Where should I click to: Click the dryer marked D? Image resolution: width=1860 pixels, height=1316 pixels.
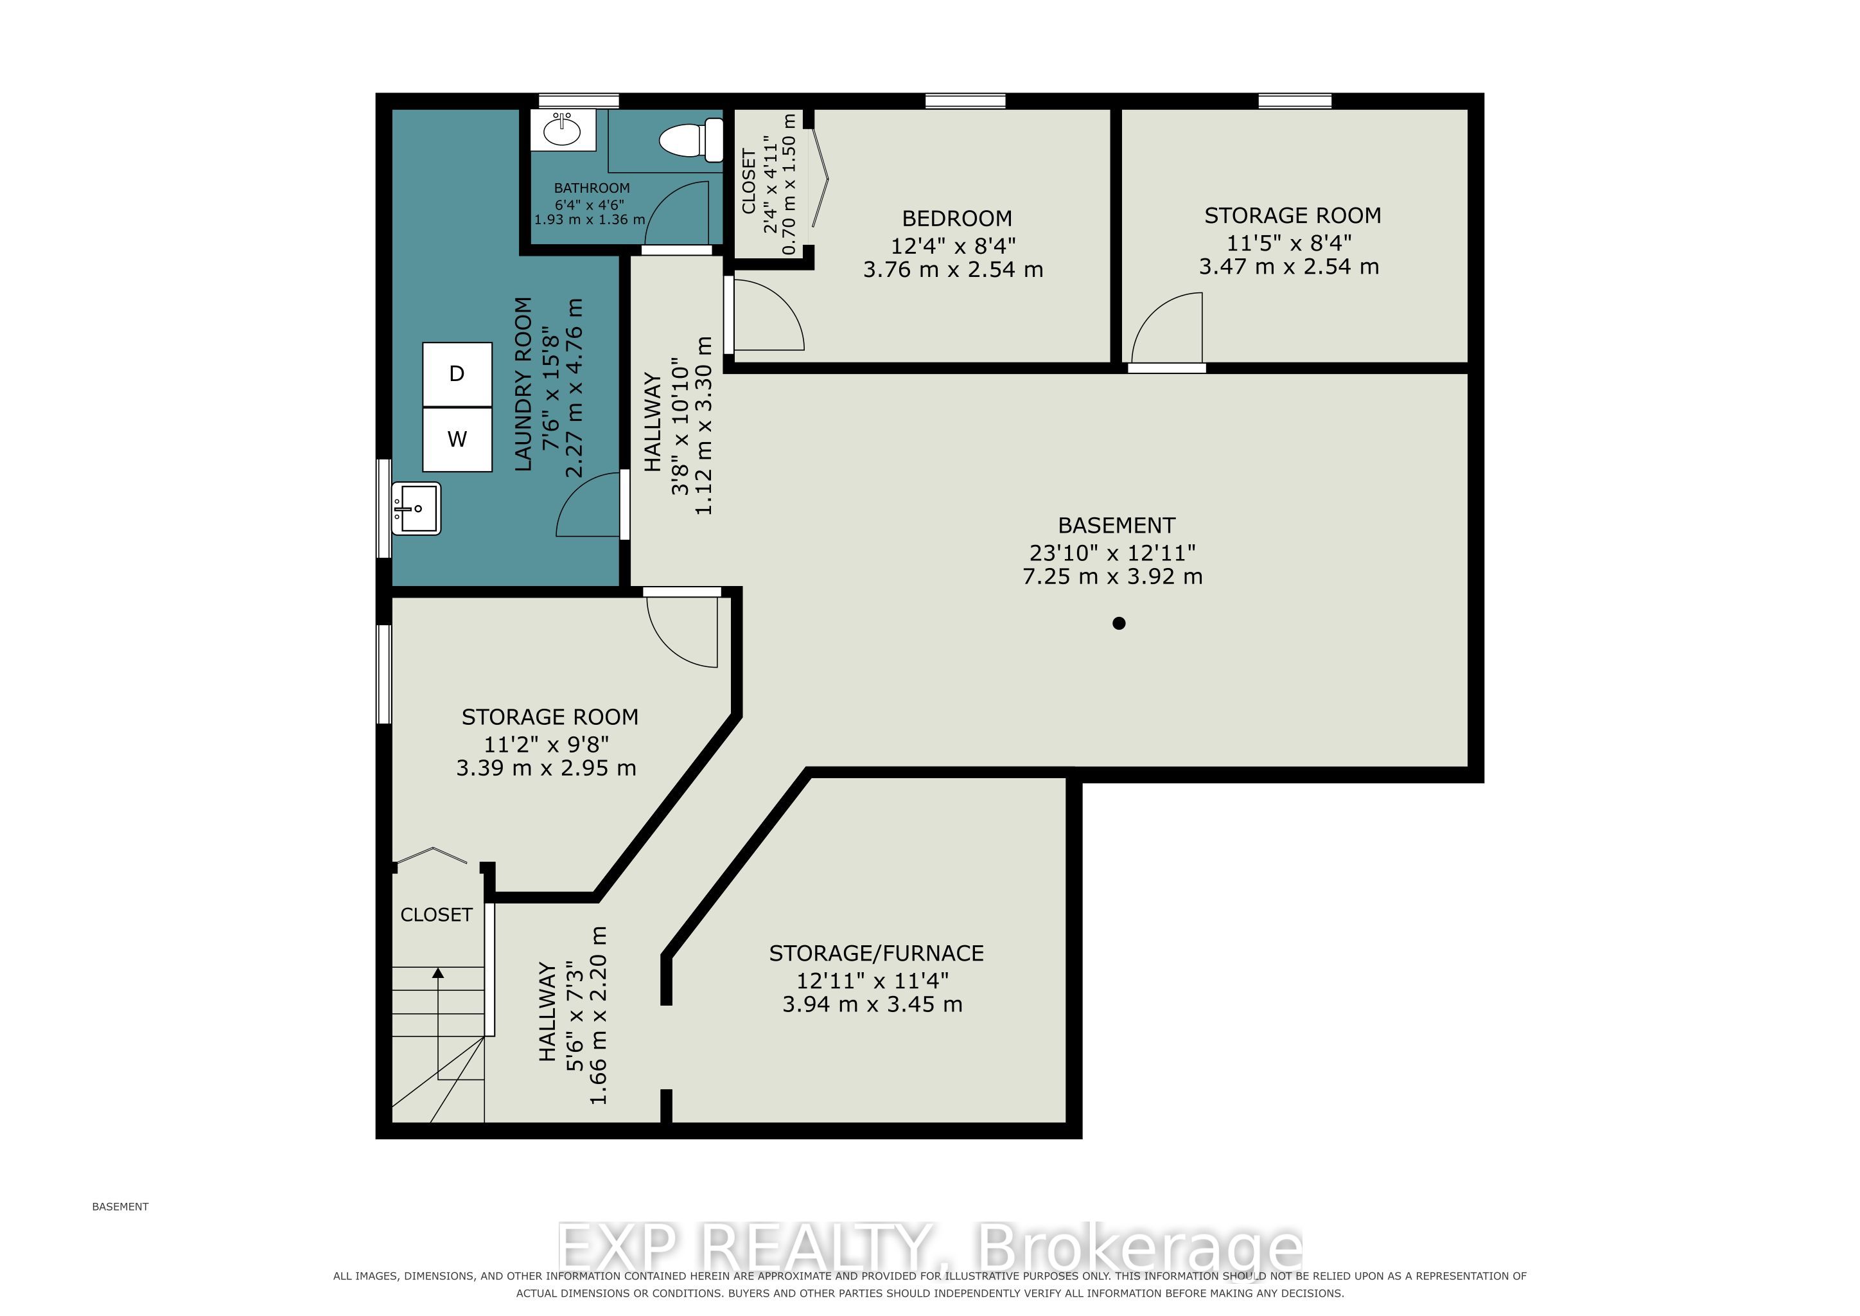tap(457, 375)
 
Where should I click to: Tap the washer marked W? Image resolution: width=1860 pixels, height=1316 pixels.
tap(457, 440)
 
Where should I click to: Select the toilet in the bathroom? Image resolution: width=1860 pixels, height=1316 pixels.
tap(691, 140)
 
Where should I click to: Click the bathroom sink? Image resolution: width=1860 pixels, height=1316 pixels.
tap(563, 129)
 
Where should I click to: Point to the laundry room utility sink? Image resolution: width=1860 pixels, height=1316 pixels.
tap(416, 509)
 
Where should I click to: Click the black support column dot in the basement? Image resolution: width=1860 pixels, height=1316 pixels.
tap(1119, 623)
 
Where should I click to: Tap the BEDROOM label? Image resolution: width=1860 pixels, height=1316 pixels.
tap(957, 218)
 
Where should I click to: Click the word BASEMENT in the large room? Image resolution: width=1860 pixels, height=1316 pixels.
tap(1116, 525)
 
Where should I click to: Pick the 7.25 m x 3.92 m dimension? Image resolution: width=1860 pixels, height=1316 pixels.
tap(1112, 576)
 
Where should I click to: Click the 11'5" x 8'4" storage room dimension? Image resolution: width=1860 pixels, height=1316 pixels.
tap(1289, 242)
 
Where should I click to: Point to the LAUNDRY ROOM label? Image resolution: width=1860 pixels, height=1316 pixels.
tap(523, 384)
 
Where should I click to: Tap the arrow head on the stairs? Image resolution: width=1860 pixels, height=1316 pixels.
tap(438, 974)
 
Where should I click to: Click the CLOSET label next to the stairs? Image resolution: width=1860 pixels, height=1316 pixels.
tap(436, 915)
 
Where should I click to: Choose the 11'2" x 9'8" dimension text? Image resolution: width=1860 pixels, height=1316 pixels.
tap(546, 743)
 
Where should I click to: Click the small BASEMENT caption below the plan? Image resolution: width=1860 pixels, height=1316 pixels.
tap(121, 1207)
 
